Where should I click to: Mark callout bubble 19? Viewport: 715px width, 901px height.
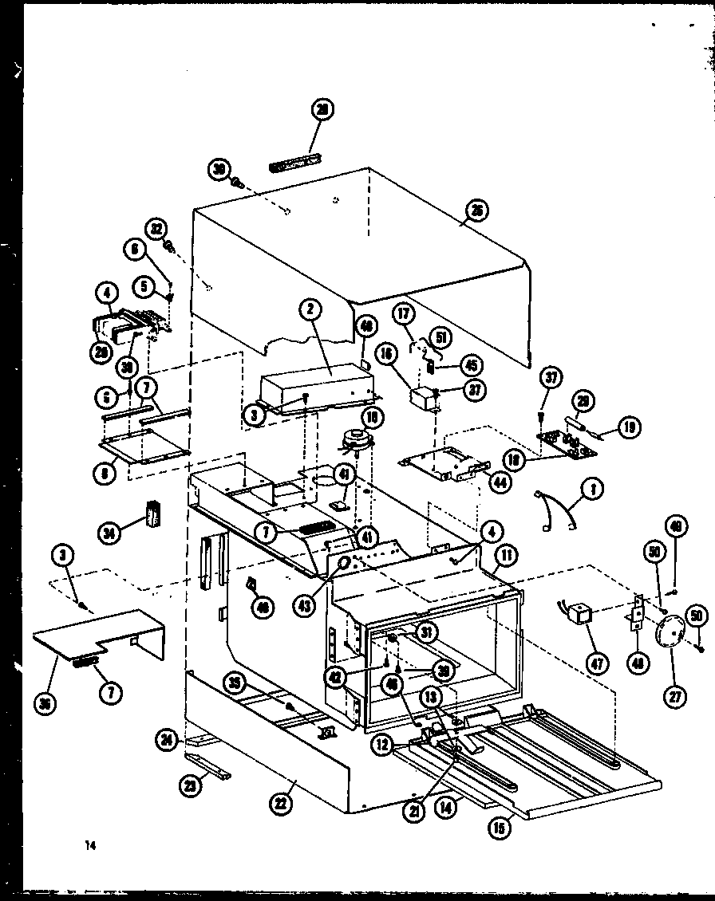630,427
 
